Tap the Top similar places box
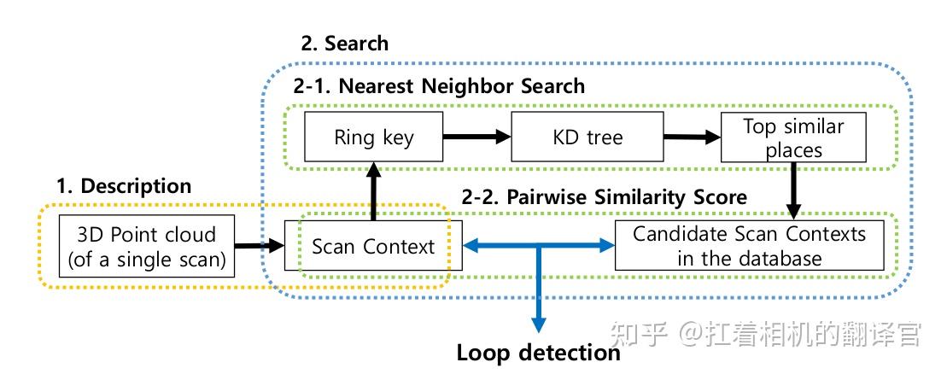(x=793, y=137)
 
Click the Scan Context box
(x=373, y=246)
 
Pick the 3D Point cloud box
(x=148, y=247)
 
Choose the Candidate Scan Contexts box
(x=749, y=246)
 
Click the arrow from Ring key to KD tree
(x=476, y=137)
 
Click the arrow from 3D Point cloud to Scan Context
(x=260, y=247)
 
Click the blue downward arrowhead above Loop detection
(x=538, y=323)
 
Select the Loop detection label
(x=538, y=353)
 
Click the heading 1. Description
(x=124, y=185)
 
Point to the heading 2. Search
(x=344, y=44)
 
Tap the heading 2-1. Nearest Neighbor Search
(x=439, y=85)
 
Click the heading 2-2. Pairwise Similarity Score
(x=605, y=196)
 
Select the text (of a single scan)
(x=148, y=259)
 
